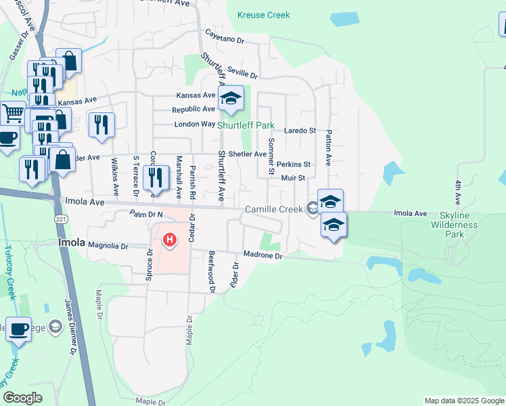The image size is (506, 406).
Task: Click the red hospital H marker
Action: pyautogui.click(x=170, y=240)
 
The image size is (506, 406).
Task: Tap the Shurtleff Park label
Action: pyautogui.click(x=246, y=125)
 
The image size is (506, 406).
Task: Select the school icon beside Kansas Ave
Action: pyautogui.click(x=231, y=100)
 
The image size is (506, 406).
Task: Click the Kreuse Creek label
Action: pyautogui.click(x=264, y=15)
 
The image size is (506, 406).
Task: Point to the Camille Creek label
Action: pyautogui.click(x=273, y=209)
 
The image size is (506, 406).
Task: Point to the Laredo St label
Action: pyautogui.click(x=300, y=130)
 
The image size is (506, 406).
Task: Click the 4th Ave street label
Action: pyautogui.click(x=458, y=192)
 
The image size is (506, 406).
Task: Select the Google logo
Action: pyautogui.click(x=22, y=398)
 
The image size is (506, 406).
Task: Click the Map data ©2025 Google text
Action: pyautogui.click(x=463, y=401)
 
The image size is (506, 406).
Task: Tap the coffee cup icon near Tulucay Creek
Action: pyautogui.click(x=17, y=330)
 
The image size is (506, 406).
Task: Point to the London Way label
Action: pyautogui.click(x=194, y=125)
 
